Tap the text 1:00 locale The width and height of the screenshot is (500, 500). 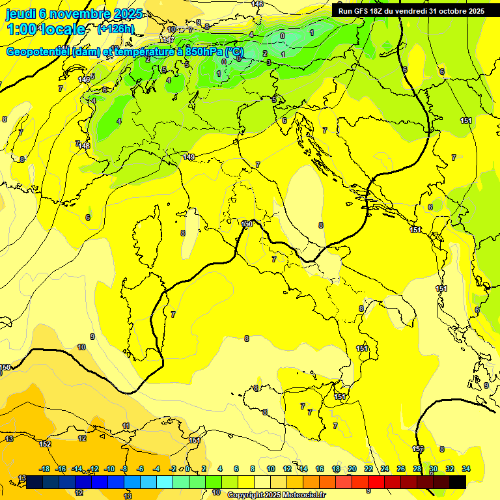tap(46, 29)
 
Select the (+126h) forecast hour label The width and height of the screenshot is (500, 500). tap(115, 29)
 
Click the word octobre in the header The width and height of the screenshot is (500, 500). tap(447, 11)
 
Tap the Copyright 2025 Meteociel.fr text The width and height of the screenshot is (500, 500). tap(276, 495)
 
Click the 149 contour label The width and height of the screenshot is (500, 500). tap(189, 157)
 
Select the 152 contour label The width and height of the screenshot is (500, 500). tap(45, 444)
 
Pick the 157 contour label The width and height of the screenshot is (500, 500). tap(418, 449)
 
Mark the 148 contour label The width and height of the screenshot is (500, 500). tap(85, 146)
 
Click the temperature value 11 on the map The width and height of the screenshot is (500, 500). tap(126, 426)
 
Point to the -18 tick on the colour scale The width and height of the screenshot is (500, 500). tap(45, 469)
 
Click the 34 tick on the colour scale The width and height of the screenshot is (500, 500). tap(465, 469)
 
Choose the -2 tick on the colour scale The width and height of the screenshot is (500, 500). tap(173, 469)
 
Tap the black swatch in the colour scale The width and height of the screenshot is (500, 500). tap(458, 482)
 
